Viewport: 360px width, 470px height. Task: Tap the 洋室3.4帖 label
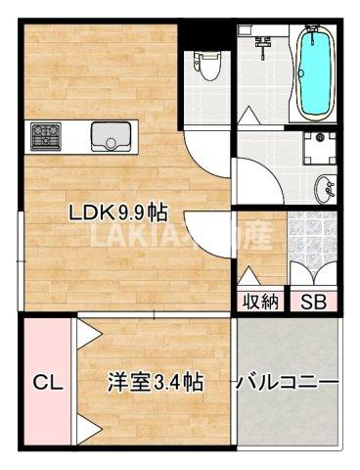pos(156,381)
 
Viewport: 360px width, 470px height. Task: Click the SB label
pos(313,302)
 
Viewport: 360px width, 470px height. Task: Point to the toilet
pos(206,67)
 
